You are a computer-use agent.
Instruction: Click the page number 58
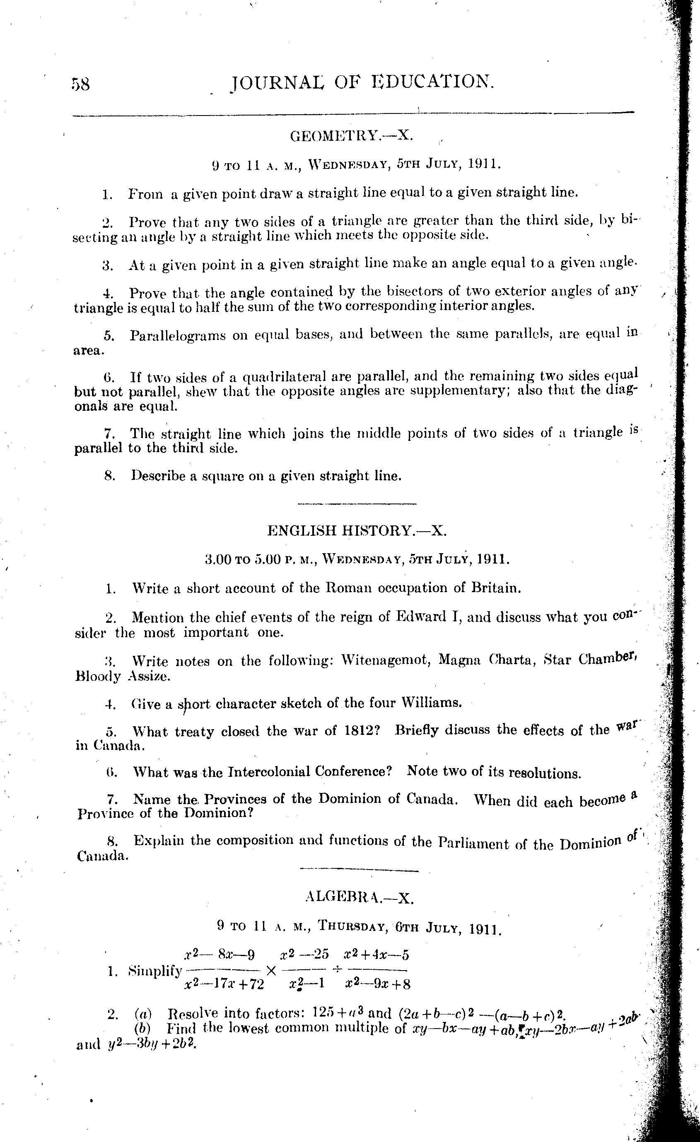[x=81, y=84]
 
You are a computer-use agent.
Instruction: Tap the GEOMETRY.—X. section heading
[x=351, y=135]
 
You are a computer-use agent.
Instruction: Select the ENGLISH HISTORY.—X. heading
[x=357, y=530]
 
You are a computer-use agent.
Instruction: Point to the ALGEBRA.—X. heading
[x=359, y=898]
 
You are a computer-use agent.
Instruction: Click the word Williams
[x=431, y=703]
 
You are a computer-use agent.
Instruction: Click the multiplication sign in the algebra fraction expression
[x=271, y=970]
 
